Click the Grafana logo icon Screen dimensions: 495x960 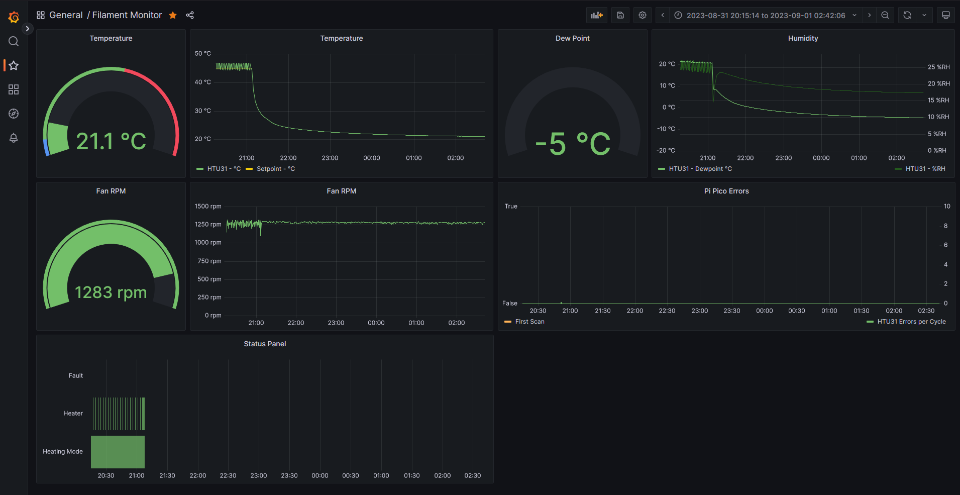pyautogui.click(x=14, y=17)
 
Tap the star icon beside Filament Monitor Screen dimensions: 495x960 pyautogui.click(x=173, y=15)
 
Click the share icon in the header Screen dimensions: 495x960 pyautogui.click(x=190, y=15)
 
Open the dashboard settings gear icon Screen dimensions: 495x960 pyautogui.click(x=642, y=15)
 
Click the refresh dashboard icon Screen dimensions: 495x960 pyautogui.click(x=907, y=15)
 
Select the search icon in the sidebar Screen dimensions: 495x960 pyautogui.click(x=14, y=41)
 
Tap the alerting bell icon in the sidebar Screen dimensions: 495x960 pyautogui.click(x=14, y=138)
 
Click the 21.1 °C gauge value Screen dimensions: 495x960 pyautogui.click(x=111, y=141)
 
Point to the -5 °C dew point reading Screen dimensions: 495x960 pyautogui.click(x=573, y=144)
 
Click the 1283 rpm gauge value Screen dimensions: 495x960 pyautogui.click(x=111, y=292)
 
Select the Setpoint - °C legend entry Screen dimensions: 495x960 pyautogui.click(x=275, y=169)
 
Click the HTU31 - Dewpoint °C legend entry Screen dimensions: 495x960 pyautogui.click(x=700, y=169)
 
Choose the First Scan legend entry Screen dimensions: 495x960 pyautogui.click(x=529, y=322)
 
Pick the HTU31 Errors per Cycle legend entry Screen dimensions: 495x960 pyautogui.click(x=911, y=322)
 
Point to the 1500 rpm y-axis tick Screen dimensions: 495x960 pyautogui.click(x=208, y=207)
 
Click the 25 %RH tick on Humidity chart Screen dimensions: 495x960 pyautogui.click(x=938, y=67)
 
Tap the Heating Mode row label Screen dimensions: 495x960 pyautogui.click(x=63, y=451)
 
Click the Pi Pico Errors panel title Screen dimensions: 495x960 pyautogui.click(x=726, y=191)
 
